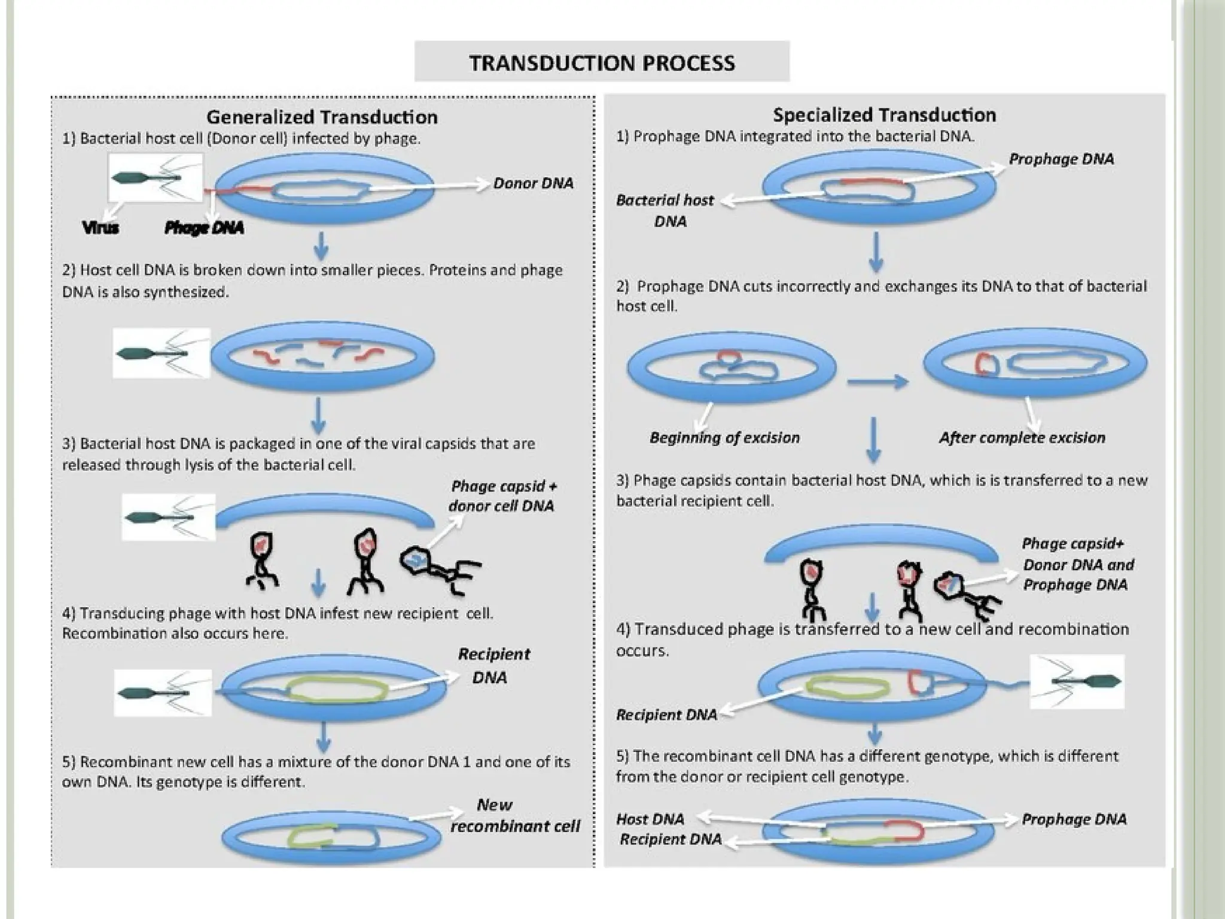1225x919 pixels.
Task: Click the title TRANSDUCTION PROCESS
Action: coord(602,62)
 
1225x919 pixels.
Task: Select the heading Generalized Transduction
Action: coord(322,117)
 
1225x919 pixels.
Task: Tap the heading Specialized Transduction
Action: coord(884,115)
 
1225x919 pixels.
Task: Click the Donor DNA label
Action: coord(533,183)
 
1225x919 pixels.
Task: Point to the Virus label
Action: coord(100,227)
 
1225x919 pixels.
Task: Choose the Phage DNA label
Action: coord(204,227)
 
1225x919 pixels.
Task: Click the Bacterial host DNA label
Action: coord(665,211)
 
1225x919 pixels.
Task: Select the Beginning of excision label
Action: coord(724,438)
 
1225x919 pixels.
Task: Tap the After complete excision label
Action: coord(1022,438)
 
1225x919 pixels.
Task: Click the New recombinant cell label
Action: coord(514,816)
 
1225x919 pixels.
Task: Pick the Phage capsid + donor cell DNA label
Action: coord(502,496)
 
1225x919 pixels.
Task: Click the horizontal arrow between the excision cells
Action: coord(877,381)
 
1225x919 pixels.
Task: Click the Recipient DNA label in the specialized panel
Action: coord(666,715)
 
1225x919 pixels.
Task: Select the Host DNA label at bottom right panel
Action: coord(650,819)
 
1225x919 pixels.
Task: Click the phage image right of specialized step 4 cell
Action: coord(1077,681)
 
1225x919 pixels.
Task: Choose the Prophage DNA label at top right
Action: coord(1061,159)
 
